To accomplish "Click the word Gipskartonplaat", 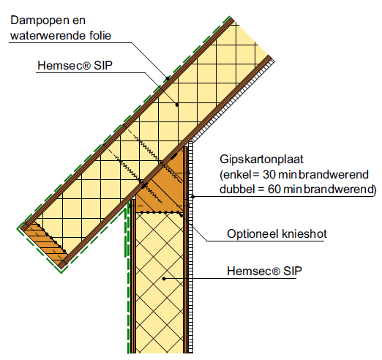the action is pos(261,160).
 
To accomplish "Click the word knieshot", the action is pos(304,233).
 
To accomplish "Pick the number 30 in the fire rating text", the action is pos(269,175).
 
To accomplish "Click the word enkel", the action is pos(237,175).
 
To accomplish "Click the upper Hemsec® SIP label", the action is pos(75,65).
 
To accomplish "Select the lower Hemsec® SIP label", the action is pos(264,271).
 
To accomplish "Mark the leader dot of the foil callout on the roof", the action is pos(168,78).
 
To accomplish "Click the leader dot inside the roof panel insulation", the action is pos(177,105).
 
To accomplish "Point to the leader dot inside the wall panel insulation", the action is pos(164,279).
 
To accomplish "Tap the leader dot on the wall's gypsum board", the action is pos(192,197).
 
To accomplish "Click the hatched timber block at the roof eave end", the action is pos(46,244).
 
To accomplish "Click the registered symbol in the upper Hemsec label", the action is pos(87,66).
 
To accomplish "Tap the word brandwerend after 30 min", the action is pos(334,175).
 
